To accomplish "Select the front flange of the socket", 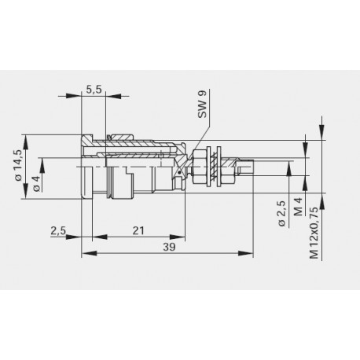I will tap(87, 167).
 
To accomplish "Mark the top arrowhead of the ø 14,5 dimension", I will tap(28, 138).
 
